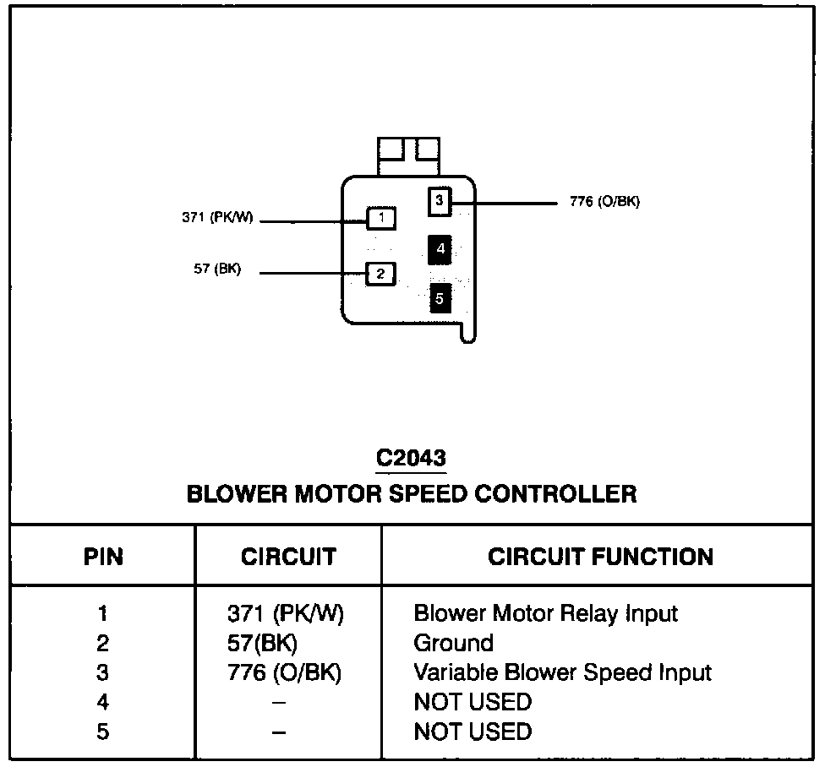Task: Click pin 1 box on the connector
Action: [x=381, y=219]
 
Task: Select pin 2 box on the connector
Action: [x=380, y=274]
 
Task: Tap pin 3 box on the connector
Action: [x=440, y=201]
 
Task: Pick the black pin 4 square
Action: [x=440, y=249]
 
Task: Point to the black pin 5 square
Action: [x=440, y=298]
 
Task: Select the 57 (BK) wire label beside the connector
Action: [x=217, y=270]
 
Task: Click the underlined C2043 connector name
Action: [x=411, y=459]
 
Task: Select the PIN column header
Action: [x=103, y=557]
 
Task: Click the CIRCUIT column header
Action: [x=288, y=557]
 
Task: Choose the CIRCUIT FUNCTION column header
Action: [x=600, y=557]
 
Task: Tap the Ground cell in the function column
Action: [x=453, y=644]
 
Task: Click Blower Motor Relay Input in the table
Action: [x=545, y=613]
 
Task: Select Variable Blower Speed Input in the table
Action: [x=562, y=673]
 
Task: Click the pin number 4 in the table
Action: [x=103, y=703]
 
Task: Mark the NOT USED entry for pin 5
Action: [x=473, y=732]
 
